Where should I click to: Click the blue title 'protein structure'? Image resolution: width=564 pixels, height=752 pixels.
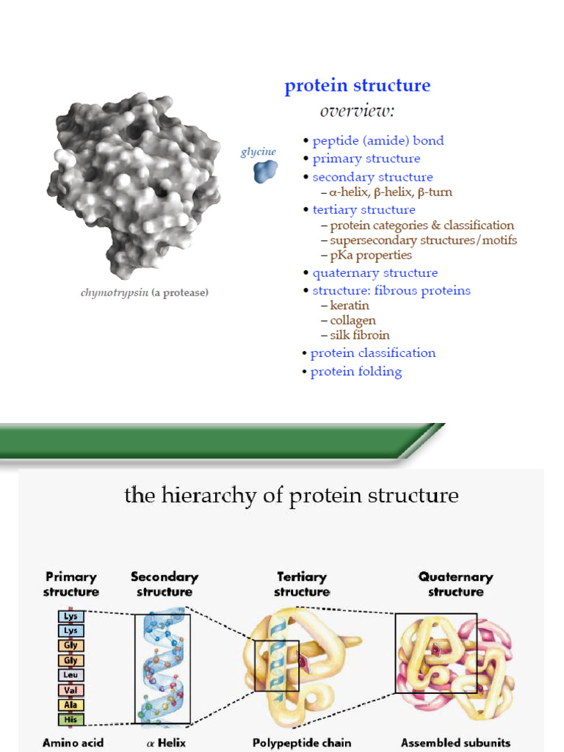click(357, 86)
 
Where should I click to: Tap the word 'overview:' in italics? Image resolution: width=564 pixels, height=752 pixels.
click(357, 111)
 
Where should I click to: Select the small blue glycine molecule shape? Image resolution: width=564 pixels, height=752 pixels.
click(265, 171)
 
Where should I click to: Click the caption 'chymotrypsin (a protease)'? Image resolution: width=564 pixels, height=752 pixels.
click(144, 293)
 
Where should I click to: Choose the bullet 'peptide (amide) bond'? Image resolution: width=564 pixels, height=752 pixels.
click(377, 141)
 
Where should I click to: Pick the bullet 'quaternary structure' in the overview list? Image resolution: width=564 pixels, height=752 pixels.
click(375, 273)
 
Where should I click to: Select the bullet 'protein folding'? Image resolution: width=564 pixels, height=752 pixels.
click(355, 372)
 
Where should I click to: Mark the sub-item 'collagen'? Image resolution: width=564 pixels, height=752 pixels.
click(352, 320)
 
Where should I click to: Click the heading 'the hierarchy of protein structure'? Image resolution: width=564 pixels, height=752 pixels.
click(292, 496)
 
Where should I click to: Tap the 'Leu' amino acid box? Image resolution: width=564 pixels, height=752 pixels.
click(71, 675)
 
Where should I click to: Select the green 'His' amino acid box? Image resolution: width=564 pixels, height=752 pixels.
click(71, 720)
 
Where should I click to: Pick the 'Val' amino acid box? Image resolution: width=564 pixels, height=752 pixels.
click(71, 690)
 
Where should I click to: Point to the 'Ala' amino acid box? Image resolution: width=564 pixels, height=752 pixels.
click(71, 705)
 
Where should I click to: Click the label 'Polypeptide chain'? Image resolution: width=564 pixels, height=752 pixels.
click(302, 743)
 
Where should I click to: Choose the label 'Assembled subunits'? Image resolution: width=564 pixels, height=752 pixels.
click(455, 743)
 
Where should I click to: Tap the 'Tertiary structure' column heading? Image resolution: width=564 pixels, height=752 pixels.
click(302, 585)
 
